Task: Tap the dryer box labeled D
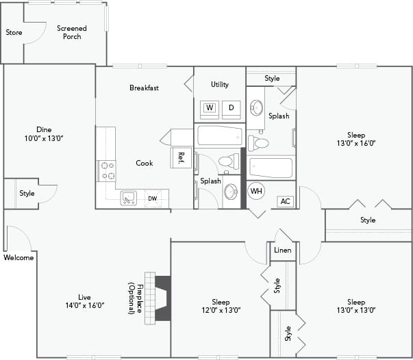coord(231,107)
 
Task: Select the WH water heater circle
coord(256,191)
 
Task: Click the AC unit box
coord(286,201)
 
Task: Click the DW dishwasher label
coord(152,199)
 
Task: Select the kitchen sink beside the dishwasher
coord(129,198)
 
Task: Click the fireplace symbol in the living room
coord(163,298)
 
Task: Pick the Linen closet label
coord(283,250)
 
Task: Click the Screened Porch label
coord(72,32)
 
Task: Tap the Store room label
coord(14,32)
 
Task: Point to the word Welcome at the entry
coord(18,258)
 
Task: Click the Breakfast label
coord(144,88)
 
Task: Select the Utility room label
coord(220,85)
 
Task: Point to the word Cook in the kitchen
coord(145,163)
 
